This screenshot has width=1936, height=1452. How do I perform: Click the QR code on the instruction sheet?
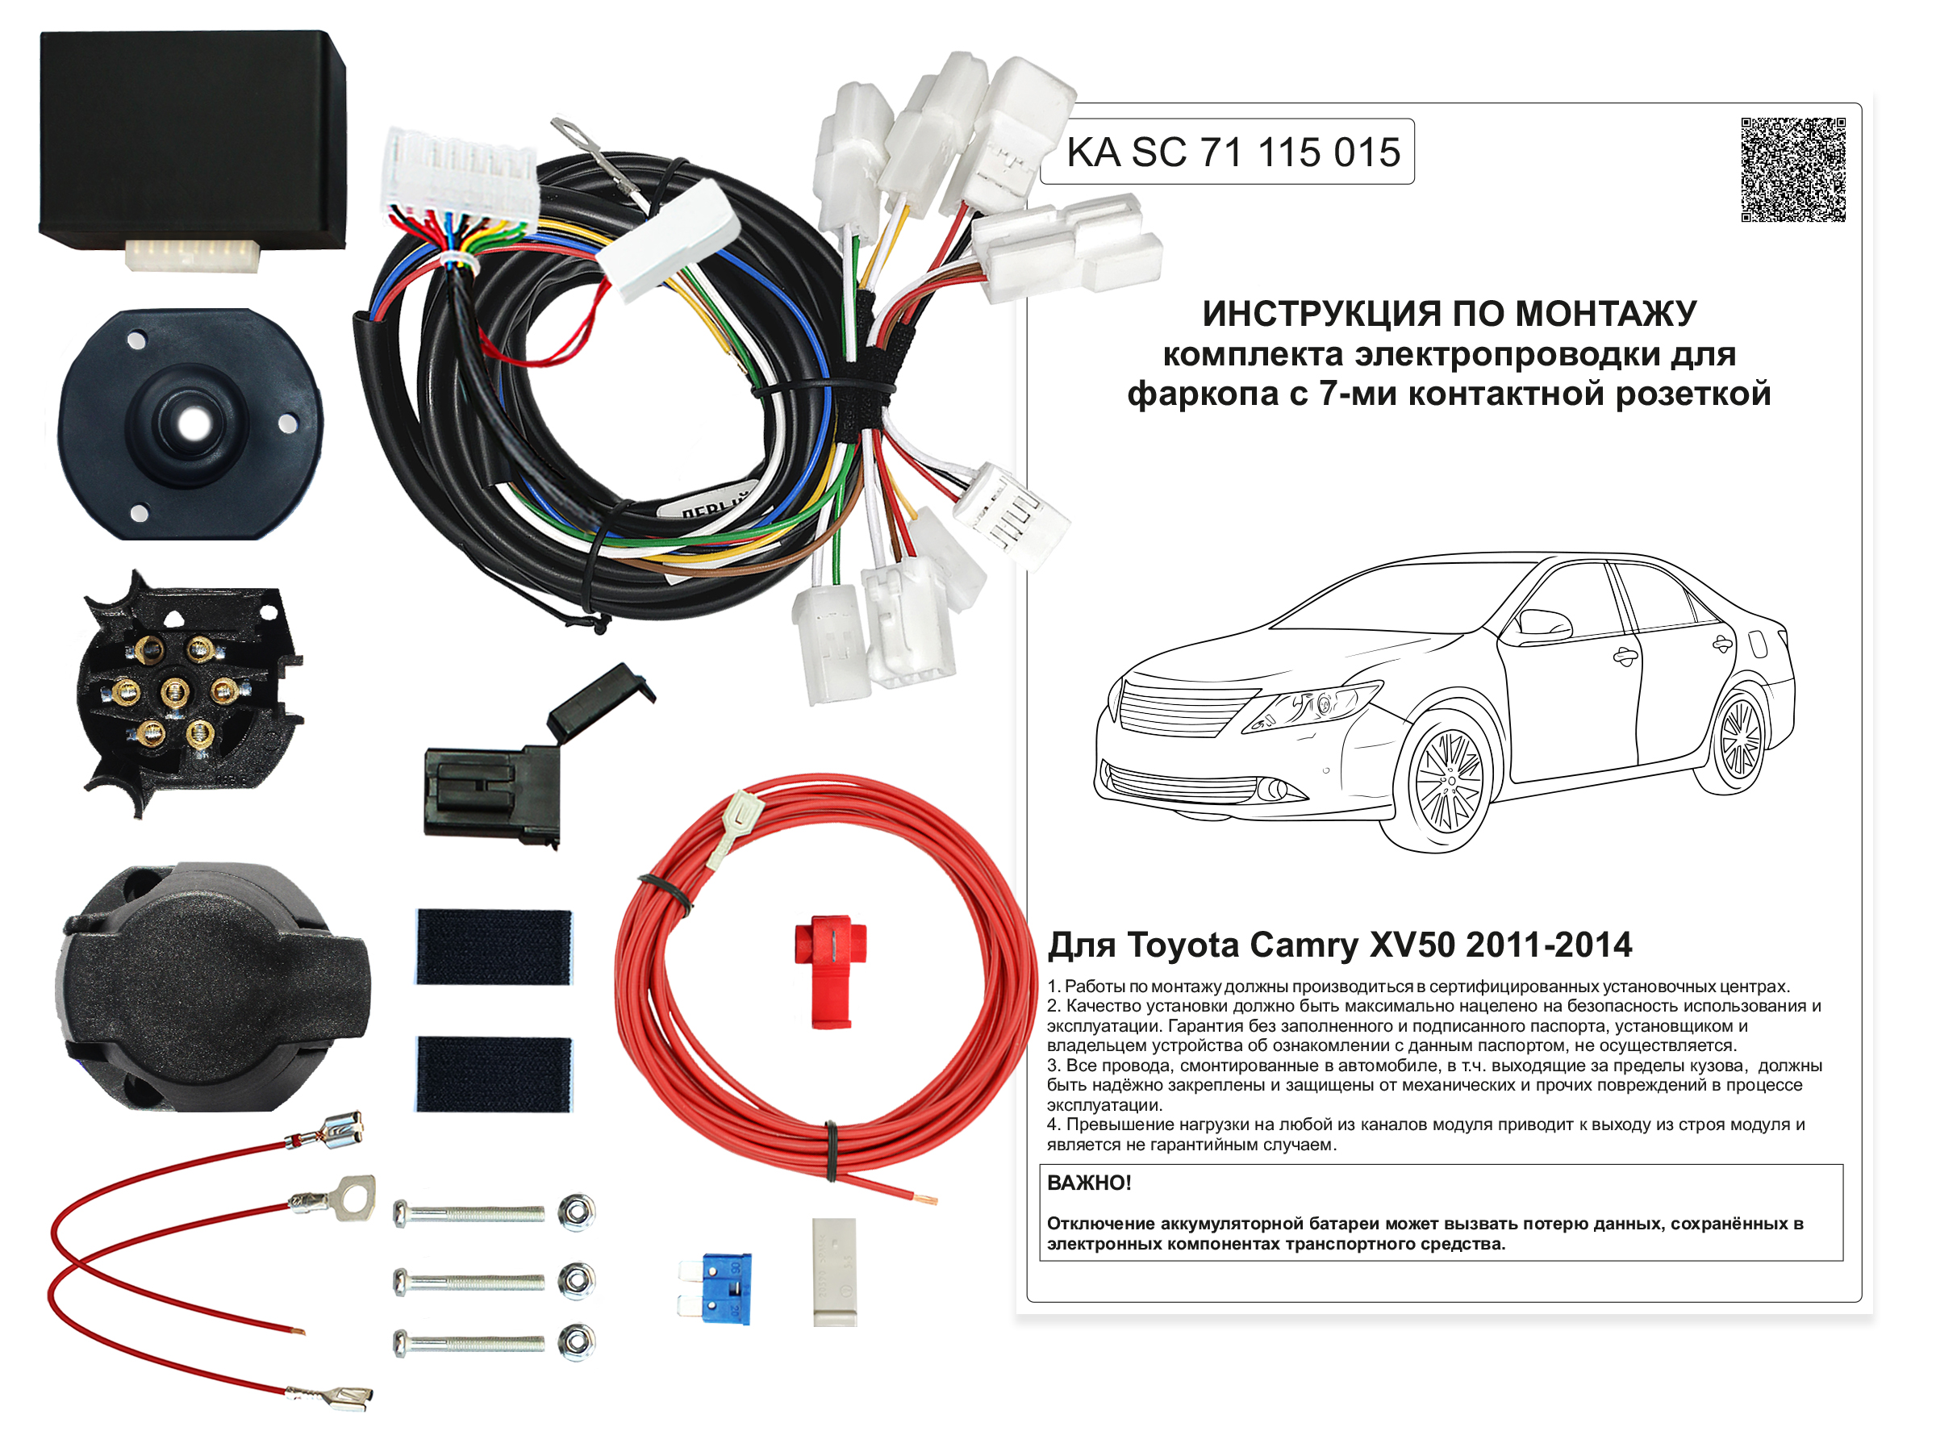[x=1793, y=169]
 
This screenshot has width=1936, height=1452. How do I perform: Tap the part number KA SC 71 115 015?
[x=1233, y=152]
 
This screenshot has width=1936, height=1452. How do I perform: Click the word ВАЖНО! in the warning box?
[x=1089, y=1183]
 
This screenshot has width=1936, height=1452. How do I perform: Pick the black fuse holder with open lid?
[x=525, y=761]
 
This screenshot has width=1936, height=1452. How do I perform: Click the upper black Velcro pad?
[x=494, y=946]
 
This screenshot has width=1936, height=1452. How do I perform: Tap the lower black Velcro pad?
[x=494, y=1074]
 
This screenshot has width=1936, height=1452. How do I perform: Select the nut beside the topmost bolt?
[x=577, y=1212]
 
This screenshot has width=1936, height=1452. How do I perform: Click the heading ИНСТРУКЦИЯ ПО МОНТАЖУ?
[x=1450, y=313]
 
